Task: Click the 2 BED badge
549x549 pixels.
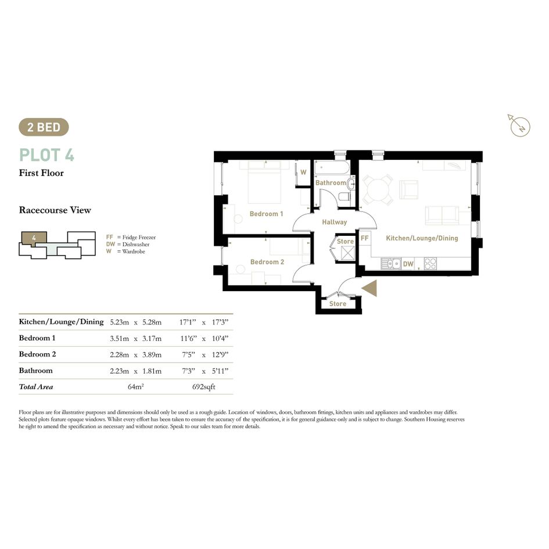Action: [x=44, y=127]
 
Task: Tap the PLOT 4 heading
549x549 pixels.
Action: [x=46, y=155]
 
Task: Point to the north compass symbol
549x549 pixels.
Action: [x=519, y=125]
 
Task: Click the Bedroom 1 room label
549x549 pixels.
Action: [x=266, y=214]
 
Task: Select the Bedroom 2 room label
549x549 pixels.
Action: [x=267, y=262]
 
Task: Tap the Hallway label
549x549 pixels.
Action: [x=335, y=222]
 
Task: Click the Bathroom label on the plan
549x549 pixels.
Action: [x=331, y=183]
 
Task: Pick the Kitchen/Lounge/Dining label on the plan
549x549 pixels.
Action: [x=422, y=238]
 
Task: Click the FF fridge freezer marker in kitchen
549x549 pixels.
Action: [x=364, y=238]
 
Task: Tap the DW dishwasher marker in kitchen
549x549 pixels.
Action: [x=408, y=264]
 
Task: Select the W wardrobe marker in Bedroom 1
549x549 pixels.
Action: [x=304, y=173]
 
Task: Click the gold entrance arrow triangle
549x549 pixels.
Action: [x=369, y=288]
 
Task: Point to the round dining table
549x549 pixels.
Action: [x=378, y=189]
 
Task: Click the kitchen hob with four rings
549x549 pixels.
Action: [x=430, y=264]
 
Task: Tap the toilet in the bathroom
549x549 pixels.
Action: [x=345, y=196]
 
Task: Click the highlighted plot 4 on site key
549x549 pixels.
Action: [x=34, y=238]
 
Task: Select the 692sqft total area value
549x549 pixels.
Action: [x=203, y=387]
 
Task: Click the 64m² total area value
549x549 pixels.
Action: [x=136, y=386]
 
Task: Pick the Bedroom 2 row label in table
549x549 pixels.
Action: [x=37, y=354]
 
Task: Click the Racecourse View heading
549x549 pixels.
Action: [x=55, y=210]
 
